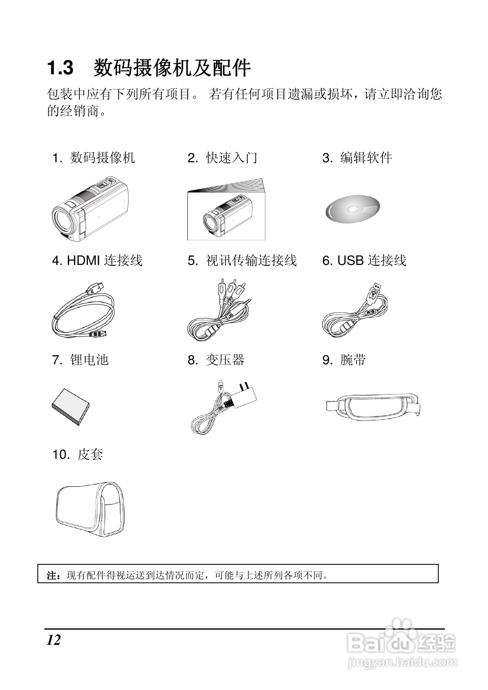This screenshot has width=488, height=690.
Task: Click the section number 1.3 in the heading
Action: (x=60, y=68)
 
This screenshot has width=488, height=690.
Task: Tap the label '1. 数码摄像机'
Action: (x=93, y=158)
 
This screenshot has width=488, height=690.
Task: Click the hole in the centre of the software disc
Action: (x=352, y=209)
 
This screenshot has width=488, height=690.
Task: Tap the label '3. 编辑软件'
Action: (x=357, y=158)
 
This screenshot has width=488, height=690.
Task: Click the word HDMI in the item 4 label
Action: (x=83, y=260)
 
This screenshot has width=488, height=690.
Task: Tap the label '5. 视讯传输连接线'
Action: (x=242, y=260)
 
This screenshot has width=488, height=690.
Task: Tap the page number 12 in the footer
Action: (x=53, y=640)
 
